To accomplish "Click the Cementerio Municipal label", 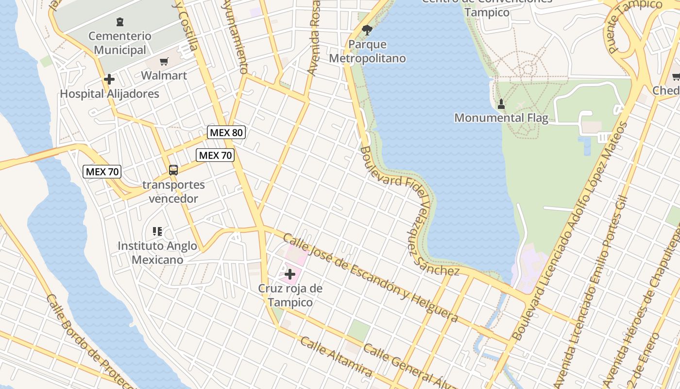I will (x=120, y=43).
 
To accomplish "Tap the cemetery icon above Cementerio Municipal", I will (x=119, y=22).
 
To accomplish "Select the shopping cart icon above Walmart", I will (x=164, y=62).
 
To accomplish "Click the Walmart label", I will (x=164, y=75).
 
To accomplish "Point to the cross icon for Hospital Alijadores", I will (x=109, y=79).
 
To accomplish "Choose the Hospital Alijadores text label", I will (x=109, y=94).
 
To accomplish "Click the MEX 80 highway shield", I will (x=226, y=132).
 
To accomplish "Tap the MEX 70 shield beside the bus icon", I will (x=215, y=155).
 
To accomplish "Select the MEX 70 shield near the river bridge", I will (x=102, y=171).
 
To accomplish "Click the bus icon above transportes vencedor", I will (x=173, y=170).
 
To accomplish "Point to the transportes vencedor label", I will (x=173, y=192).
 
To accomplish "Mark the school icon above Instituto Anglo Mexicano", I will (x=157, y=231).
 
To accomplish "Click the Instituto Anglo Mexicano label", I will (x=157, y=253).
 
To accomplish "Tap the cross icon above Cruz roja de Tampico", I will (x=290, y=274).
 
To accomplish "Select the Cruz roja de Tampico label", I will (x=290, y=295).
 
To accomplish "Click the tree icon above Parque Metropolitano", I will (x=367, y=30).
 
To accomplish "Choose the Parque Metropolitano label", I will (x=367, y=51).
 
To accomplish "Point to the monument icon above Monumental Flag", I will (x=501, y=104).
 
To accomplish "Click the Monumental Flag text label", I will (x=501, y=118).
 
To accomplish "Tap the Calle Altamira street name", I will (x=336, y=357).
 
